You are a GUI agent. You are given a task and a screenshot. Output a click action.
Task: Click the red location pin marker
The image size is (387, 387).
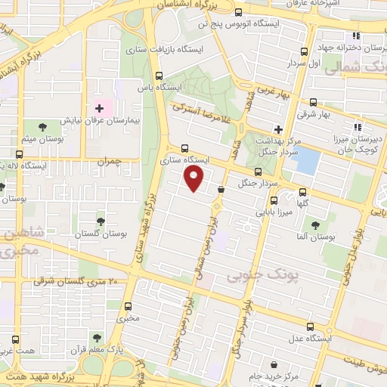click(x=195, y=178)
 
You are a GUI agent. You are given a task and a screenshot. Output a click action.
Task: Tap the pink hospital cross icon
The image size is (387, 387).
click(x=99, y=110)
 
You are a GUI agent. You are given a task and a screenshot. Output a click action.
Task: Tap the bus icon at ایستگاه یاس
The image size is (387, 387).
click(x=159, y=76)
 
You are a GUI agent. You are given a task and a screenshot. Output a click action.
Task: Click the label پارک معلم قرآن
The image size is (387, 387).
click(x=113, y=348)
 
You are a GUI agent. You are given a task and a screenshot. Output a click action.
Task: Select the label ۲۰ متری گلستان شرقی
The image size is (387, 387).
click(x=78, y=281)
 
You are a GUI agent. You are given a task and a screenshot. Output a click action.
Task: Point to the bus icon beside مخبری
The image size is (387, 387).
click(x=128, y=306)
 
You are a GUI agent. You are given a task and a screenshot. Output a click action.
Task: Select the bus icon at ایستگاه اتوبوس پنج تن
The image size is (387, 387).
click(x=239, y=12)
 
